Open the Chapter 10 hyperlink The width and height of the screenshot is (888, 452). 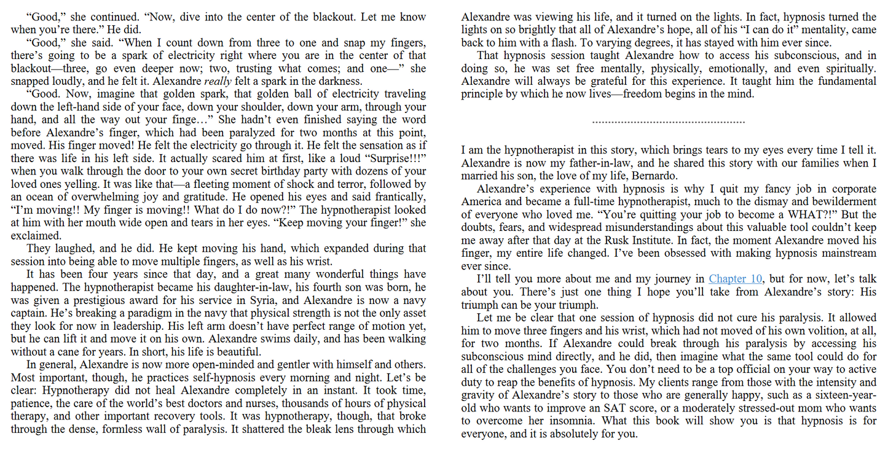(x=736, y=279)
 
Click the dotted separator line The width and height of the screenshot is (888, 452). (x=669, y=122)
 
